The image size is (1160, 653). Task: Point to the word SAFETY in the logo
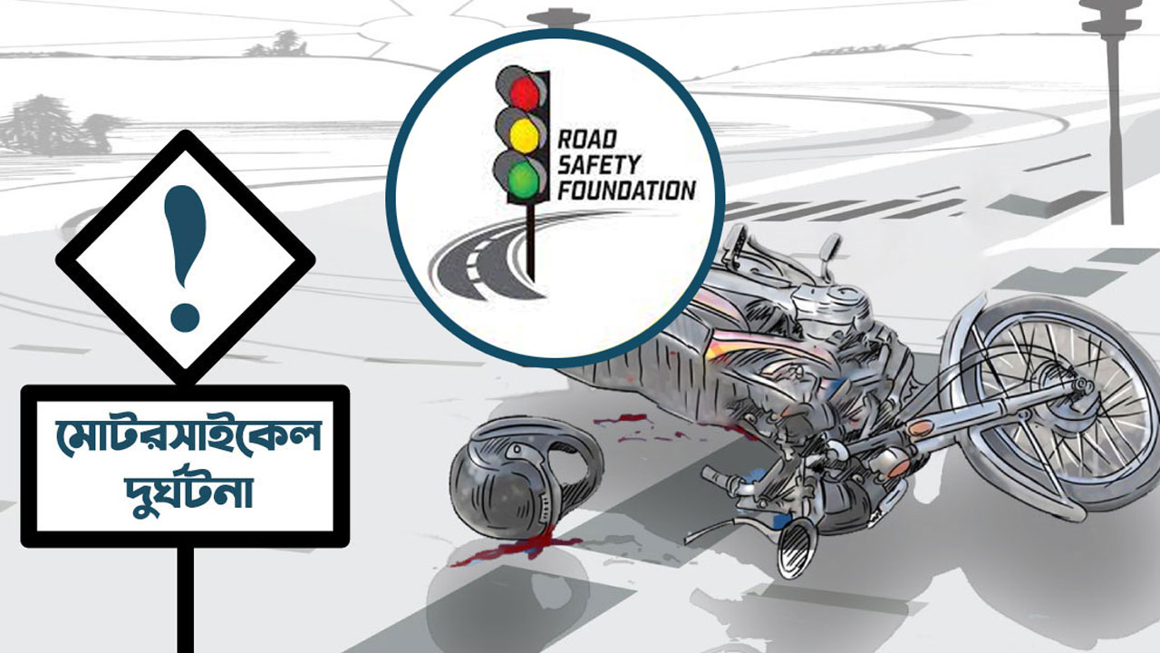click(x=599, y=165)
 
